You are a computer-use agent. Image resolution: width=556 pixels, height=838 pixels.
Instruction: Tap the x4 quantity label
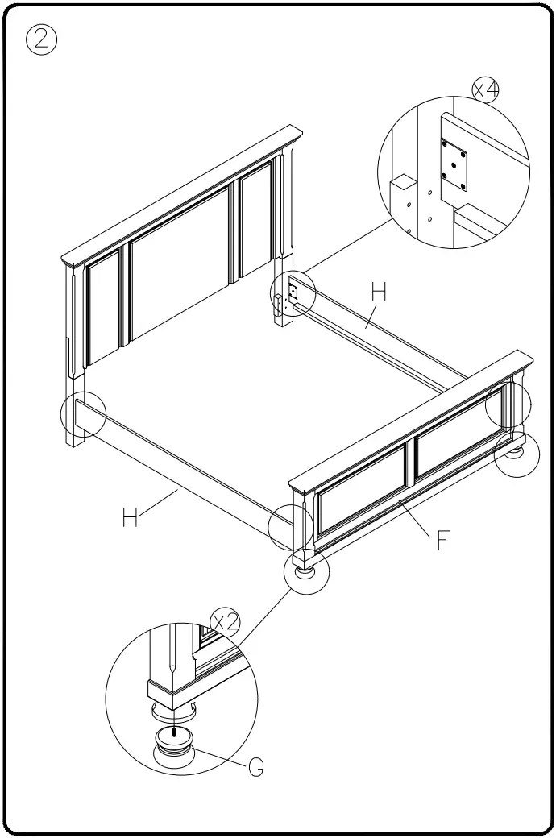[485, 90]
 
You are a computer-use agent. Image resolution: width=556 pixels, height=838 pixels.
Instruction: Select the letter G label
[255, 768]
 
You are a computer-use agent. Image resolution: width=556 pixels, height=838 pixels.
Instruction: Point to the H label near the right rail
[378, 293]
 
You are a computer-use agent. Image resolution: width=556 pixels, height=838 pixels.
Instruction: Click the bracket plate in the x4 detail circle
[454, 164]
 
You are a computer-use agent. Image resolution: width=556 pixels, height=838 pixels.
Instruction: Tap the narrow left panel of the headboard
[103, 314]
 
